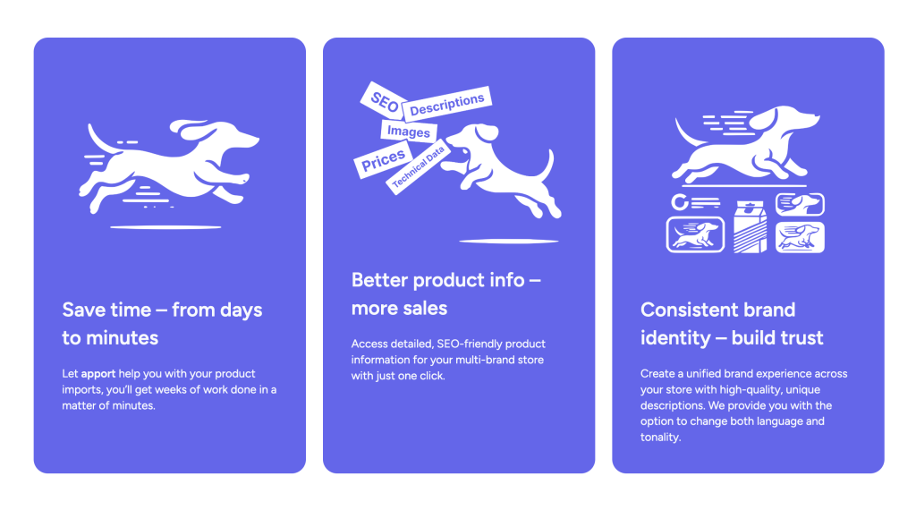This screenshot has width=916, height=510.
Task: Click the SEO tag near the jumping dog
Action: (x=384, y=101)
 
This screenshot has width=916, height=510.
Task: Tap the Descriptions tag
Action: (x=447, y=104)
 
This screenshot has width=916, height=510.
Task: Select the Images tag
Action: (x=408, y=132)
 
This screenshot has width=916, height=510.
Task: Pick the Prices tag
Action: (x=383, y=159)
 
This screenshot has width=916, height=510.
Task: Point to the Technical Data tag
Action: (x=419, y=167)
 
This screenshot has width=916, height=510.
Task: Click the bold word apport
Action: (x=98, y=373)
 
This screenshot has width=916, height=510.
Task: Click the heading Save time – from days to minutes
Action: (x=162, y=324)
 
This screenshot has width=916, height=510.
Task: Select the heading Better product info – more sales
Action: (x=445, y=293)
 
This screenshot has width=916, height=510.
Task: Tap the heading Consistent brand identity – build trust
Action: (x=732, y=324)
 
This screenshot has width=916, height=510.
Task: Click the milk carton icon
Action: (x=750, y=226)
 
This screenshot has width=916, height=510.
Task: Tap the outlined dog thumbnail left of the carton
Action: (x=695, y=234)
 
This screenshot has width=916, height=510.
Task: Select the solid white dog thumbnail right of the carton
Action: (x=800, y=237)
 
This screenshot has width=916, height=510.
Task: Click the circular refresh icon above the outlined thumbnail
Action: (x=680, y=202)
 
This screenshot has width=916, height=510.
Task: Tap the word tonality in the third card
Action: (x=660, y=437)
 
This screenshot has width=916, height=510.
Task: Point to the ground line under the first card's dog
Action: (x=165, y=226)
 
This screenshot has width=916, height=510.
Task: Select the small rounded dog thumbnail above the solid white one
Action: (x=800, y=204)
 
